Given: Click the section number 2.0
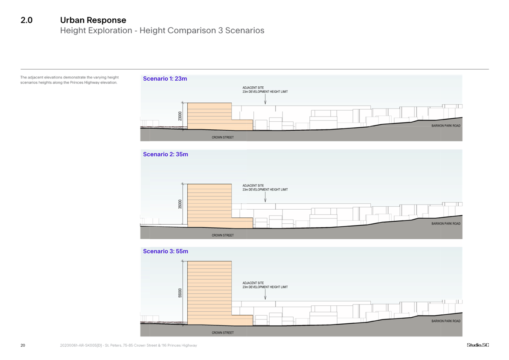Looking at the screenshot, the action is pyautogui.click(x=26, y=20).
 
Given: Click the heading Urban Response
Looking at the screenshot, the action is pyautogui.click(x=93, y=20).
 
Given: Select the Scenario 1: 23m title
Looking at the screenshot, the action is pyautogui.click(x=165, y=79).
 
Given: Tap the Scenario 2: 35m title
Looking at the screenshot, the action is pyautogui.click(x=166, y=154).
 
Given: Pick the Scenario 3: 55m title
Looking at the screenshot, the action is pyautogui.click(x=166, y=251).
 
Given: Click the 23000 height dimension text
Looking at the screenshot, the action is pyautogui.click(x=180, y=116).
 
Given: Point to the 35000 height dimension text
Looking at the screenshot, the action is pyautogui.click(x=180, y=204).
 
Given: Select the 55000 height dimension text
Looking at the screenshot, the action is pyautogui.click(x=180, y=293).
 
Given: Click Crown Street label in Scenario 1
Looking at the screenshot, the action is pyautogui.click(x=223, y=138).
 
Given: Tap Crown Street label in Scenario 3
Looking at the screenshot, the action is pyautogui.click(x=223, y=333).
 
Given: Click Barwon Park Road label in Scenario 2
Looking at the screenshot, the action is pyautogui.click(x=446, y=223).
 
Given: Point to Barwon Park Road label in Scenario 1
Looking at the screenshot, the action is pyautogui.click(x=446, y=126).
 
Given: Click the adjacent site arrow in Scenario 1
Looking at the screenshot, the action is pyautogui.click(x=265, y=99).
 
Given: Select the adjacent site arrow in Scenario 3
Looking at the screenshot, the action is pyautogui.click(x=265, y=294).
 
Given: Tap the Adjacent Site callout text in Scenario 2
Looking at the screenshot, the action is pyautogui.click(x=265, y=187).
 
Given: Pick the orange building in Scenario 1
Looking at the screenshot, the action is pyautogui.click(x=220, y=117).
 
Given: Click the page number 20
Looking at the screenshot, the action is pyautogui.click(x=23, y=345).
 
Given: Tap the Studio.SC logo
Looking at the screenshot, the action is pyautogui.click(x=478, y=345).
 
